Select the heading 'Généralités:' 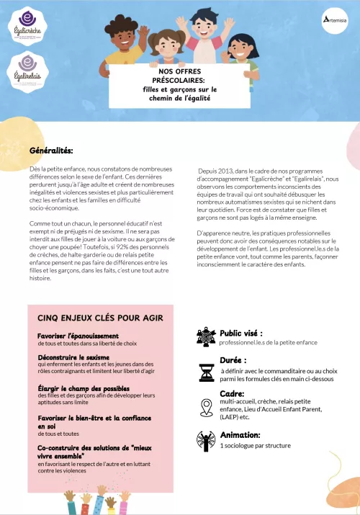click(x=51, y=151)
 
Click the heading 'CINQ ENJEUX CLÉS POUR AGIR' click(x=100, y=317)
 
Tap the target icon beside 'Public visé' click(x=205, y=337)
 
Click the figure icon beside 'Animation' click(x=205, y=440)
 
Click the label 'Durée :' click(x=233, y=359)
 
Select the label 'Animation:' click(x=240, y=435)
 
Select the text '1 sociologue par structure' click(x=255, y=447)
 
